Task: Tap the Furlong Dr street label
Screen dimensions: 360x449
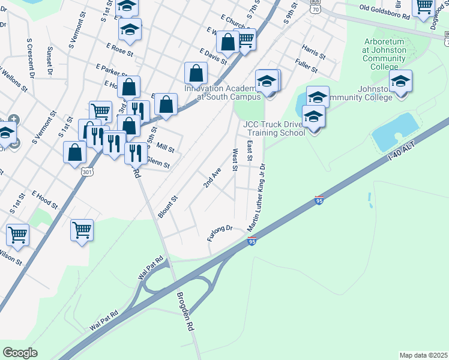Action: coord(220,233)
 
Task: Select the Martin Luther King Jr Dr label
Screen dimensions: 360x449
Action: coord(256,197)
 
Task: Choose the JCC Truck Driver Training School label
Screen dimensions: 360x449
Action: coord(274,128)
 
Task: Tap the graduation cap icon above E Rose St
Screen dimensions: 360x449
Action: coord(130,28)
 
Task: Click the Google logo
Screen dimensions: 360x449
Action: coord(20,352)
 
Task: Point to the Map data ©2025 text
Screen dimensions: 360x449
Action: coord(423,355)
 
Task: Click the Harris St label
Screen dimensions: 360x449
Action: coord(314,52)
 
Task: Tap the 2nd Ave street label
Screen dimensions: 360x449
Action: coord(212,178)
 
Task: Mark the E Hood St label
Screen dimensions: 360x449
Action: coord(44,200)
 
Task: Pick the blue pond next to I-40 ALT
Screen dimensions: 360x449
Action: coord(394,132)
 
